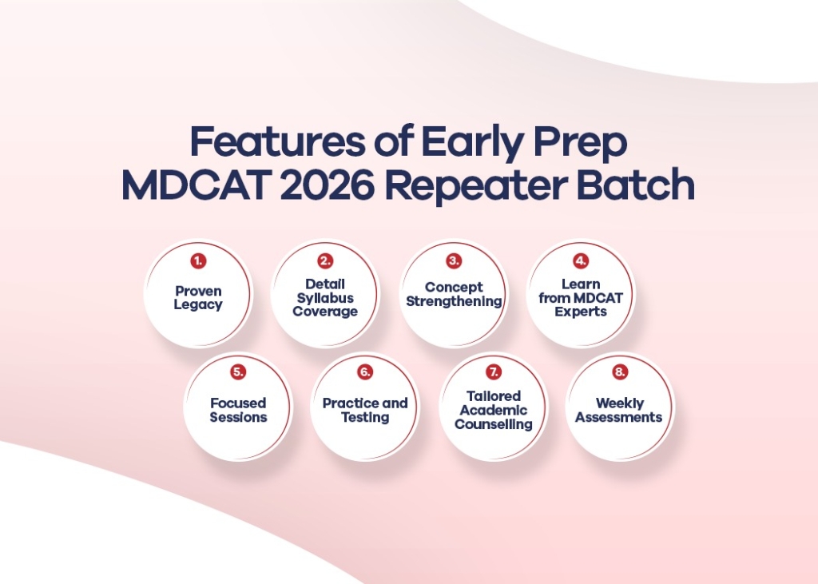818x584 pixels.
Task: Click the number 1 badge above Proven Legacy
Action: point(197,261)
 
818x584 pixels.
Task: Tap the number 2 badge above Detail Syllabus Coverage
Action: point(325,261)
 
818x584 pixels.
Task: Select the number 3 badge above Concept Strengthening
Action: point(454,261)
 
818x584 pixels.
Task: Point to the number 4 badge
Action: point(581,261)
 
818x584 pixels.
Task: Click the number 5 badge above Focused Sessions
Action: point(238,372)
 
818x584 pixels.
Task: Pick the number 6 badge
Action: point(365,372)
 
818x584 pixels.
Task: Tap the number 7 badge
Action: point(494,372)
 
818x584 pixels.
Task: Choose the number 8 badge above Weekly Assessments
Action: point(620,372)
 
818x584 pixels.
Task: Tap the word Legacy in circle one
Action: point(198,305)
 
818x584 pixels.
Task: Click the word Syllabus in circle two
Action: point(325,298)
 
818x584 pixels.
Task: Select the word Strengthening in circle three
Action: point(454,301)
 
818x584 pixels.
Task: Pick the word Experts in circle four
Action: point(581,312)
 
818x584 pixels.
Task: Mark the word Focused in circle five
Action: point(238,403)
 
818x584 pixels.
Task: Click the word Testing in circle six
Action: point(365,417)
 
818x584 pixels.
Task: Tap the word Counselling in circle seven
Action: point(494,424)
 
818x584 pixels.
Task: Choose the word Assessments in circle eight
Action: point(619,417)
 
